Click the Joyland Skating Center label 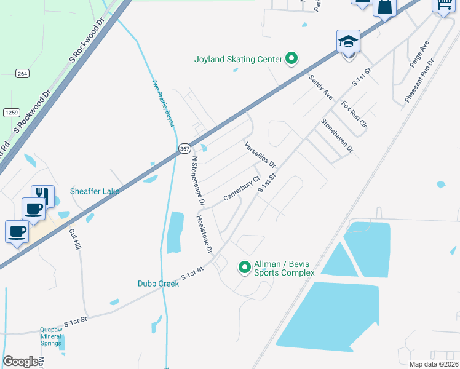point(238,60)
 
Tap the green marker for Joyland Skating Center point(292,59)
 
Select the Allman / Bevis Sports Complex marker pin point(244,267)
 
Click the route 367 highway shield point(184,149)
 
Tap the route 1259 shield point(10,112)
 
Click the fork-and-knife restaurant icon point(42,195)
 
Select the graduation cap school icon point(348,42)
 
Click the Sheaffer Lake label point(94,191)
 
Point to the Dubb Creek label point(158,284)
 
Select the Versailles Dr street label point(260,155)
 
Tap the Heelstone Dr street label point(204,234)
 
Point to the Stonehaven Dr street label point(337,135)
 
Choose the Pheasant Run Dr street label point(419,81)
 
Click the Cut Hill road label point(75,240)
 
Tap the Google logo point(20,362)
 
